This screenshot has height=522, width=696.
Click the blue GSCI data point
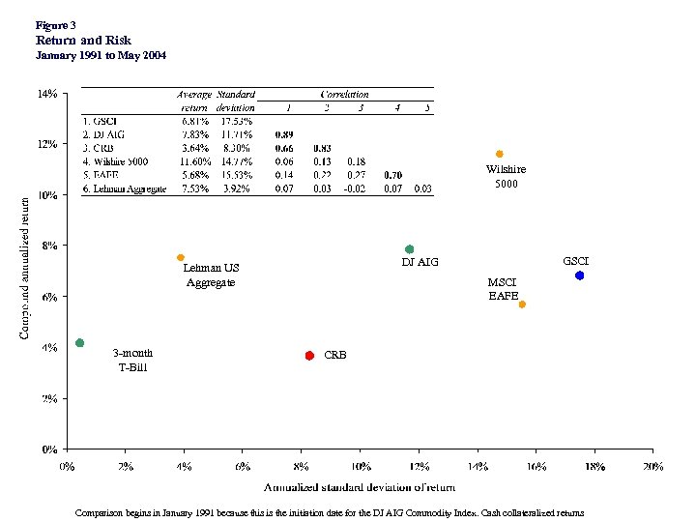(579, 275)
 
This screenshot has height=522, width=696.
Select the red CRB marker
(309, 356)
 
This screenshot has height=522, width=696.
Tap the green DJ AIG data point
(409, 249)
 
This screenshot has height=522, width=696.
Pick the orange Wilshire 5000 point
(499, 154)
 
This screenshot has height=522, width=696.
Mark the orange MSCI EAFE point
(522, 304)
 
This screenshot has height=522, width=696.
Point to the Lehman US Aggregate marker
(181, 257)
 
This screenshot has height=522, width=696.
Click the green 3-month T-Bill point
(79, 343)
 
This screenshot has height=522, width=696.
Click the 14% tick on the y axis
(46, 94)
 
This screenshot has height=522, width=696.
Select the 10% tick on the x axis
(360, 467)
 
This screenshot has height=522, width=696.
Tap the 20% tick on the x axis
(652, 467)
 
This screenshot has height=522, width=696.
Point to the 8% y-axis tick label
(48, 246)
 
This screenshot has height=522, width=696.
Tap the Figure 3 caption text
(55, 24)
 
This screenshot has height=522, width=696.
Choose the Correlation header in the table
(345, 95)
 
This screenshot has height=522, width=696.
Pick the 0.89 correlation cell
(284, 134)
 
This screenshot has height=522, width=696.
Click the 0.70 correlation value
(393, 175)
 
